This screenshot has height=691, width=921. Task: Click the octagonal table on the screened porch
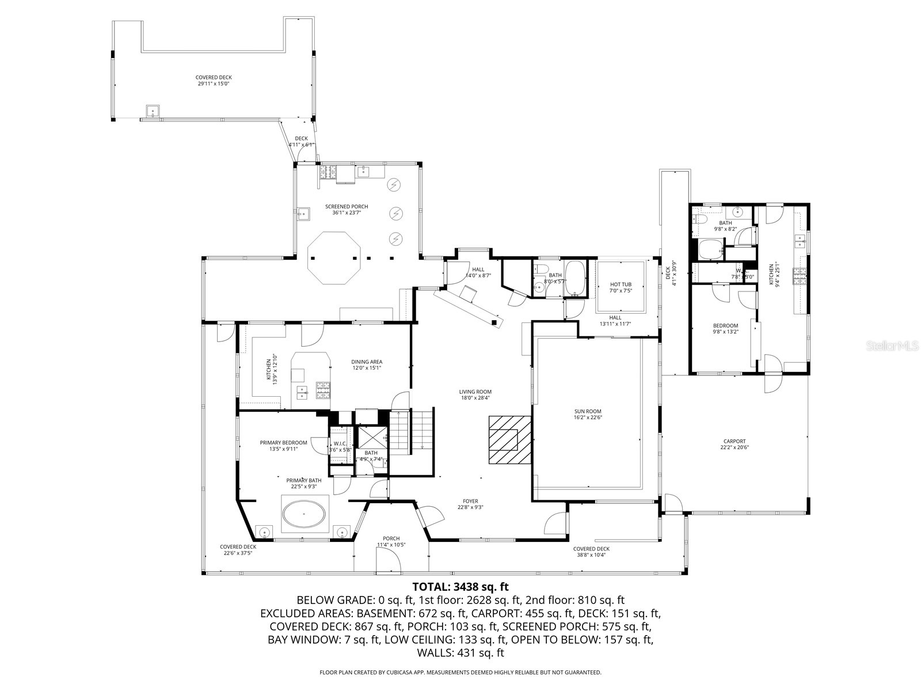pyautogui.click(x=334, y=257)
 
